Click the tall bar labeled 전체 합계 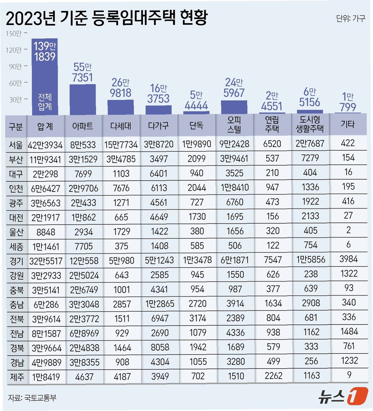pyautogui.click(x=45, y=77)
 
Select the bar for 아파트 pyautogui.click(x=83, y=99)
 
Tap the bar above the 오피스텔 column pyautogui.click(x=234, y=107)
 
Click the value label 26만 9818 pyautogui.click(x=121, y=88)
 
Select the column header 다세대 pyautogui.click(x=121, y=126)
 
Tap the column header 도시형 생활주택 pyautogui.click(x=310, y=124)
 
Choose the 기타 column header pyautogui.click(x=348, y=124)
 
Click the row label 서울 pyautogui.click(x=16, y=145)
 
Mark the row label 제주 pyautogui.click(x=17, y=377)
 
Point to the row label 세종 pyautogui.click(x=16, y=247)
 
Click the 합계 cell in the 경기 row pyautogui.click(x=46, y=261)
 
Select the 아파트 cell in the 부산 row pyautogui.click(x=83, y=159)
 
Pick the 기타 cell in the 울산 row pyautogui.click(x=348, y=230)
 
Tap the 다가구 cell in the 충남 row pyautogui.click(x=160, y=304)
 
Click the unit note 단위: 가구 pyautogui.click(x=351, y=18)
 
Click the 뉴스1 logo pyautogui.click(x=343, y=396)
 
